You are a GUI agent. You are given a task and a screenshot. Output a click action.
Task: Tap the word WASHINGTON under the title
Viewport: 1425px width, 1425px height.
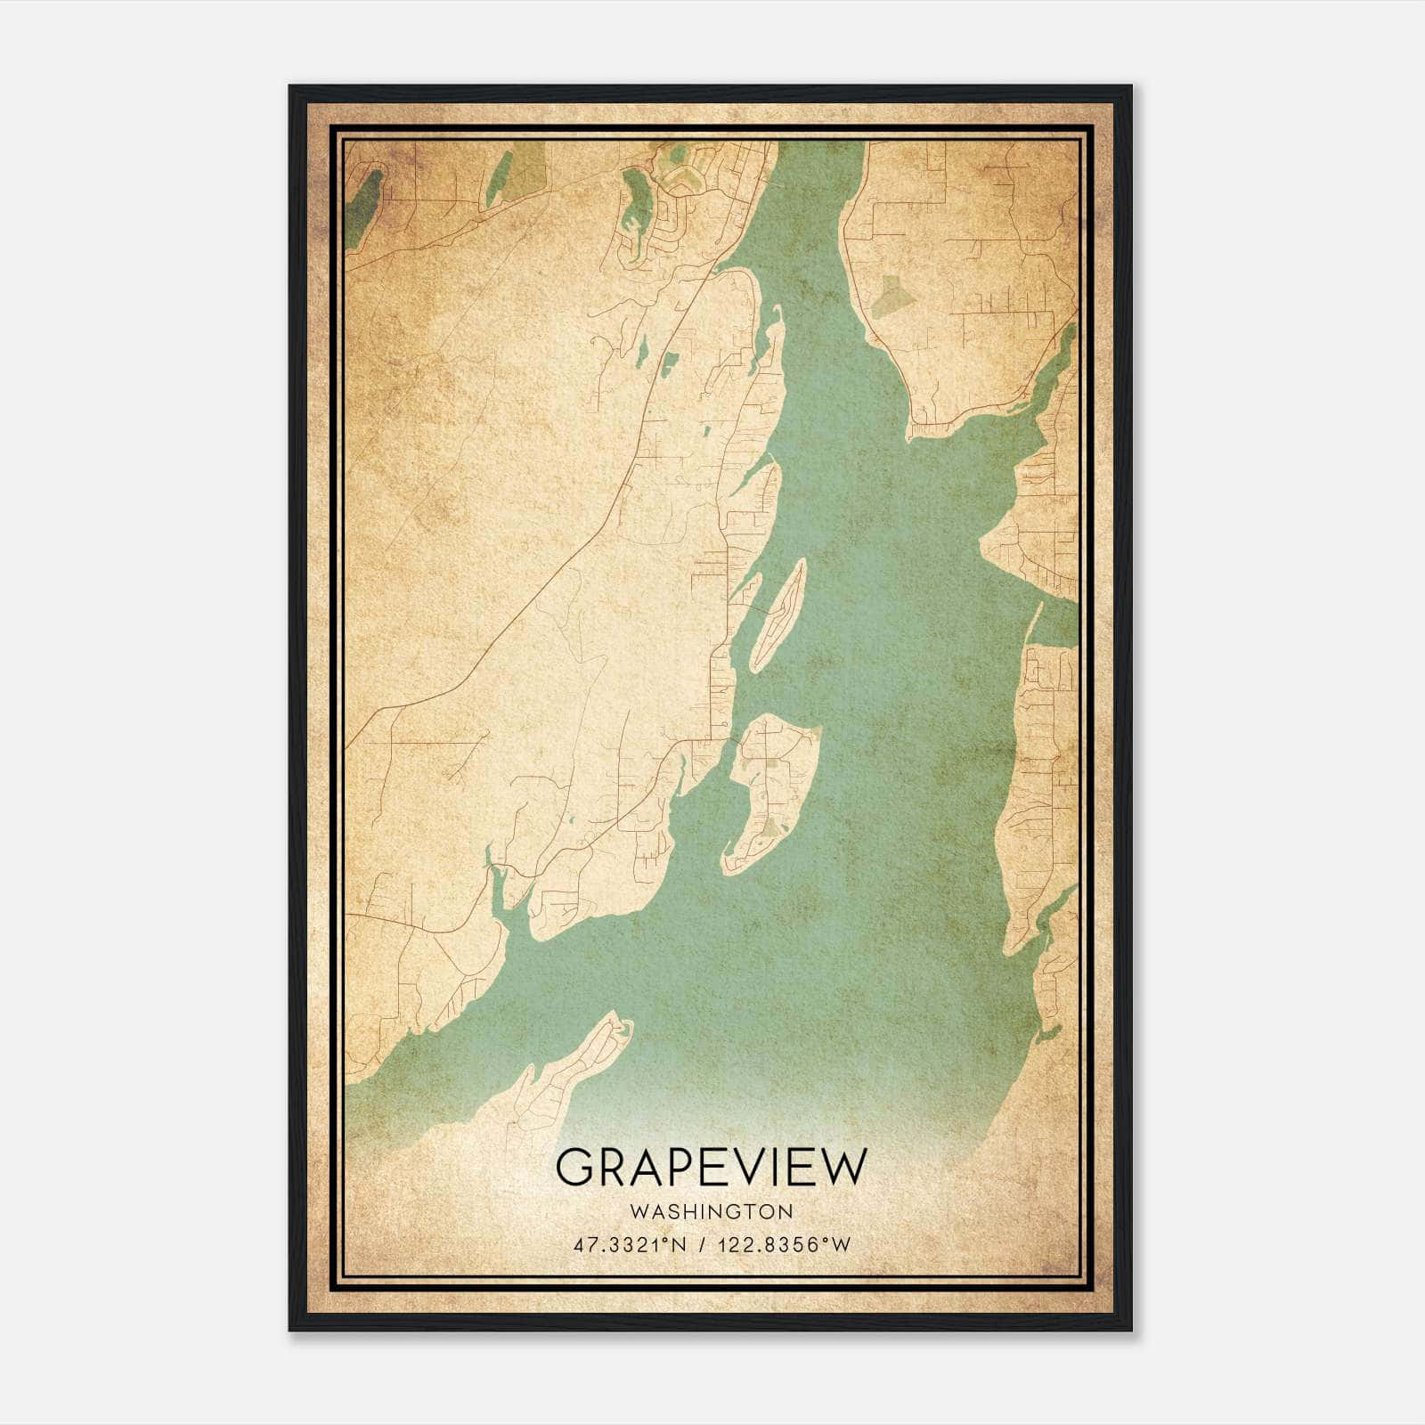click(x=710, y=1211)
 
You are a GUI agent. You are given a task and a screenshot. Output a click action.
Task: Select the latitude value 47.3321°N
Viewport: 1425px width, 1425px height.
click(x=630, y=1245)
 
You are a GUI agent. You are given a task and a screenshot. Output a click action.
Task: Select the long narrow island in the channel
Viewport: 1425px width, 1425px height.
click(x=778, y=615)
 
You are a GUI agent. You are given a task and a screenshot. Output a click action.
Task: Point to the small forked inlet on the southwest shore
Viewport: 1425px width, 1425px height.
click(x=499, y=882)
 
